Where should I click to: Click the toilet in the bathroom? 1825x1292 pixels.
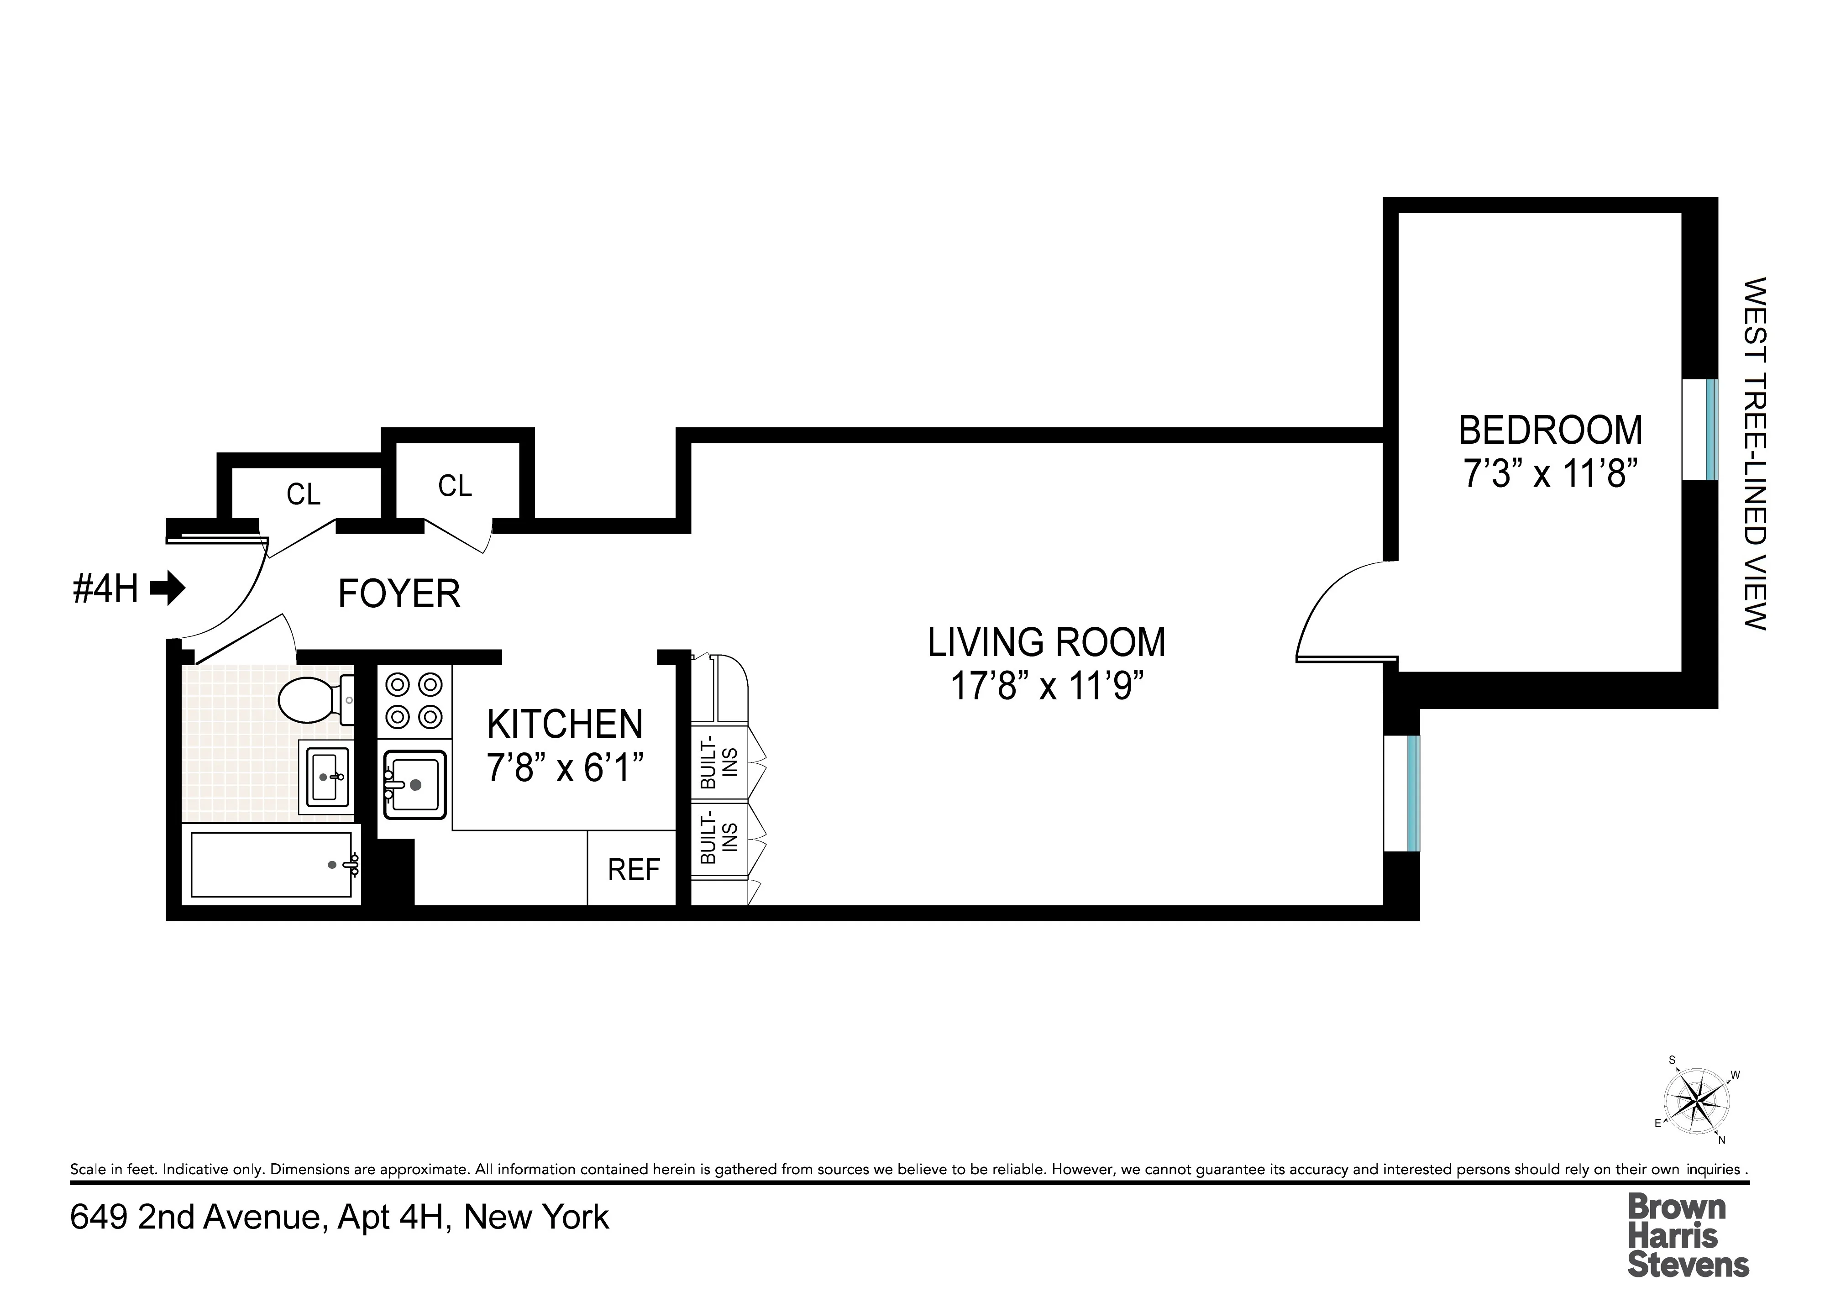tap(312, 700)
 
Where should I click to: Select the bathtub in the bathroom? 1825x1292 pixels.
tap(271, 865)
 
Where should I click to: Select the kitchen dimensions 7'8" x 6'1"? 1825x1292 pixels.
tap(564, 768)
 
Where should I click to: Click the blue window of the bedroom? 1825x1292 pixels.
tap(1711, 430)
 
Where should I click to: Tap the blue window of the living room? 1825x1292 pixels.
tap(1413, 793)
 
